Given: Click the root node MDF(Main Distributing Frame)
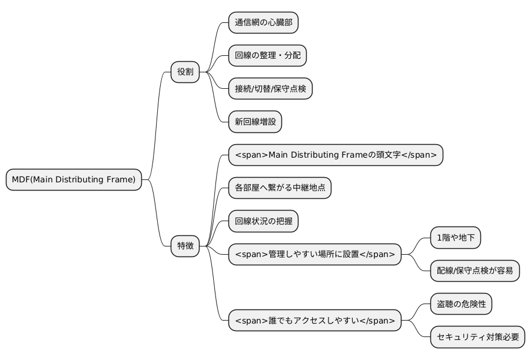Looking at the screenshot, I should (74, 179).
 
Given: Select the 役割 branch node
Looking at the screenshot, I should (185, 72).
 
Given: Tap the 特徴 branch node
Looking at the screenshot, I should (185, 246).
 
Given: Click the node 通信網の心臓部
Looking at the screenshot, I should (263, 23).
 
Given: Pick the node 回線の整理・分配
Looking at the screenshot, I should (267, 56).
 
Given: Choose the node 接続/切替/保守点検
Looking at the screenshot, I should (270, 89).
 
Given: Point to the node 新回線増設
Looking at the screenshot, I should (255, 122).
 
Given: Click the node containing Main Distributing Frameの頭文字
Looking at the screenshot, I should (336, 155).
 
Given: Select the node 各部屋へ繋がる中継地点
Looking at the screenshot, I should (280, 189).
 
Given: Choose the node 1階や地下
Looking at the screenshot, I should (456, 238).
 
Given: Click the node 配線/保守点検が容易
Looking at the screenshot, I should (474, 271).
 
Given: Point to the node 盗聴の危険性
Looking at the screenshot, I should (460, 304).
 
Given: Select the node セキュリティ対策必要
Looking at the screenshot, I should (477, 338).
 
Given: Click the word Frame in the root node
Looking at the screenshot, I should (121, 179).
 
